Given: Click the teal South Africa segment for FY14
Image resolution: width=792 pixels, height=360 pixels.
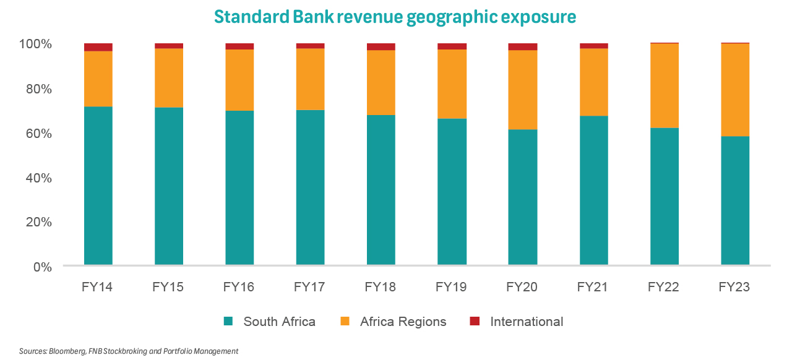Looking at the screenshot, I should pyautogui.click(x=98, y=186).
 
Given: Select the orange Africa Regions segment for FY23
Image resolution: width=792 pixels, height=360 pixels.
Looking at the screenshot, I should pyautogui.click(x=735, y=90).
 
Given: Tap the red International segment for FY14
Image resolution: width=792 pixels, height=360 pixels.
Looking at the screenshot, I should pyautogui.click(x=98, y=47).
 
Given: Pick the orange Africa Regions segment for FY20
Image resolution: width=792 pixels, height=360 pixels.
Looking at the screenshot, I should pyautogui.click(x=522, y=90).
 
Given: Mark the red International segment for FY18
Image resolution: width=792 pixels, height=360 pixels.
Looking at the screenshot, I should pyautogui.click(x=381, y=47).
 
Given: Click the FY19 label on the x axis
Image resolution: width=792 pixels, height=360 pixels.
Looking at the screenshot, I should pyautogui.click(x=451, y=288).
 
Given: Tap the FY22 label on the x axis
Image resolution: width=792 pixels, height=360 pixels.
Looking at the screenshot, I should pyautogui.click(x=663, y=288).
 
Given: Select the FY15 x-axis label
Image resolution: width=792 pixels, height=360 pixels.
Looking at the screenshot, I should pyautogui.click(x=168, y=288).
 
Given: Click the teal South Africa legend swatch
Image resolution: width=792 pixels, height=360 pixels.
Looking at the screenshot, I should pyautogui.click(x=228, y=321).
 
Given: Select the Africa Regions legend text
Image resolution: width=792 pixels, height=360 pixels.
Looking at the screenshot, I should pyautogui.click(x=403, y=322).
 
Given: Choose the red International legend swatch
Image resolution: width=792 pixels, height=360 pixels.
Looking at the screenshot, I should pyautogui.click(x=475, y=321).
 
